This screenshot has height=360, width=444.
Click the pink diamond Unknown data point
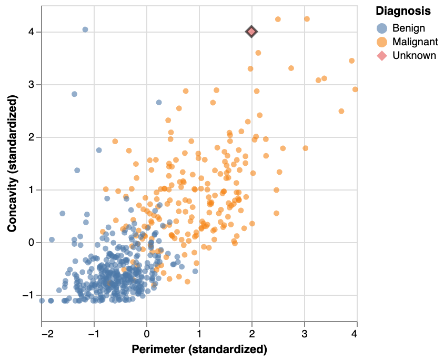(x=251, y=32)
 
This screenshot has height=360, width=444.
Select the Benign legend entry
(x=408, y=28)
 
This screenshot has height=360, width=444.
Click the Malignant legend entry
(x=413, y=42)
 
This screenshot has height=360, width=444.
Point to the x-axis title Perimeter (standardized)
(x=199, y=349)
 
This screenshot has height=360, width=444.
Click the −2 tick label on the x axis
(x=42, y=333)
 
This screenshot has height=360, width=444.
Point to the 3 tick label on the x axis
(x=305, y=333)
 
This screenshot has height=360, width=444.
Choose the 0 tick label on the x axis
(x=147, y=333)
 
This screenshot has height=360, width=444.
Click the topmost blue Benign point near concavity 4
(x=85, y=29)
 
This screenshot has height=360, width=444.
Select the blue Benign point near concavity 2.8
(x=74, y=94)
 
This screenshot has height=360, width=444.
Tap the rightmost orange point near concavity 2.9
(x=355, y=89)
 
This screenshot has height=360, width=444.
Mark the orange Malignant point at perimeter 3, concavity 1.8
(x=305, y=148)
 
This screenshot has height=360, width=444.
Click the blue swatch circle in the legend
(x=382, y=28)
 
